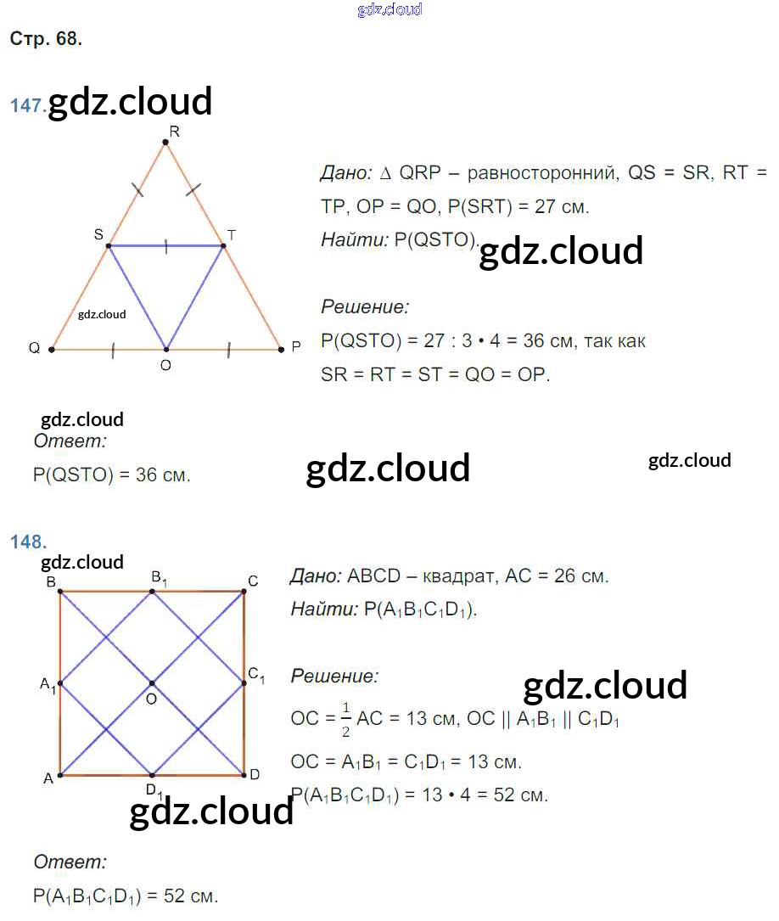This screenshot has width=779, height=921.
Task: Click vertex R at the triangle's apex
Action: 166,143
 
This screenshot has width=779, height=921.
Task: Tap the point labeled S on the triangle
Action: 109,246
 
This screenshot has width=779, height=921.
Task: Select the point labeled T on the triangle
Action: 224,246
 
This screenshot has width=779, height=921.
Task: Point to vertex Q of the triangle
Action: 52,349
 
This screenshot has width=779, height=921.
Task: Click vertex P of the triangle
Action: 281,349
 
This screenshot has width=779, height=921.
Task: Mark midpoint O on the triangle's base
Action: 166,349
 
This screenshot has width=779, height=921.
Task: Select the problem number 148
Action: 28,542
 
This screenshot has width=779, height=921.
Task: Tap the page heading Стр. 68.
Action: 46,38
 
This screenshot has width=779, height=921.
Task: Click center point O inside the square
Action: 152,683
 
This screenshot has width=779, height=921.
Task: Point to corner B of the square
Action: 60,591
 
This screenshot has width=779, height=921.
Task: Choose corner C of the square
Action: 244,591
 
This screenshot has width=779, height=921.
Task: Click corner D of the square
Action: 244,775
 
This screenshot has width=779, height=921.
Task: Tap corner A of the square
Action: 60,775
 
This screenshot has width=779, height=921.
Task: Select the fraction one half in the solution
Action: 345,719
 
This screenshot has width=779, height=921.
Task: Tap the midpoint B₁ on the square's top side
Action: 152,591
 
